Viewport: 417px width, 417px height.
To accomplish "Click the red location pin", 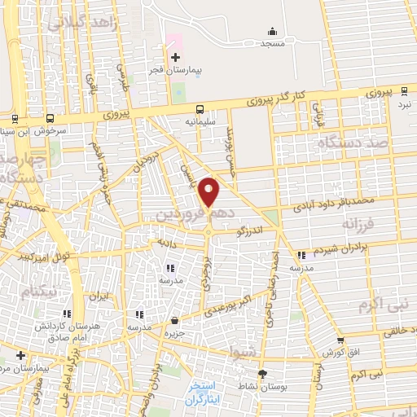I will pyautogui.click(x=210, y=191).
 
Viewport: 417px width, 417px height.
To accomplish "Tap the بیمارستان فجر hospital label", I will pyautogui.click(x=174, y=72).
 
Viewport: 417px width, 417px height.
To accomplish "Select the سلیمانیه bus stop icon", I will pyautogui.click(x=200, y=108).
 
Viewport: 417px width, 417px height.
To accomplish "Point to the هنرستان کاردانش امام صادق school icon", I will pyautogui.click(x=65, y=314).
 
